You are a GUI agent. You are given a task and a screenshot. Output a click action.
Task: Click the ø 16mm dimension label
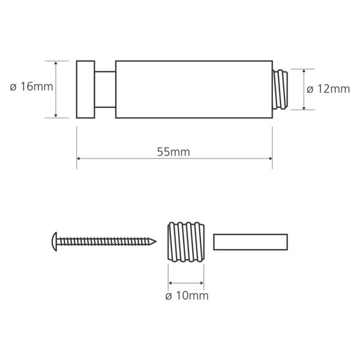point(31,87)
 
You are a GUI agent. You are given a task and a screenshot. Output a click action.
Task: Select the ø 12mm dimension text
point(328,89)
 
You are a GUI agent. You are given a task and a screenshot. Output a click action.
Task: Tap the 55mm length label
point(173,152)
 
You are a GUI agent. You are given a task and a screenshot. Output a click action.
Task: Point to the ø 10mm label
point(187,296)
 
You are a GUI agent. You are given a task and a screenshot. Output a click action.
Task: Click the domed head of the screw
point(55,242)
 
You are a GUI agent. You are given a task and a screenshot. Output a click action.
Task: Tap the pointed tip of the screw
point(156,242)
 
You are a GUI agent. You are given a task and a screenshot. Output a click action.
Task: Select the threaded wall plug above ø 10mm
point(186,242)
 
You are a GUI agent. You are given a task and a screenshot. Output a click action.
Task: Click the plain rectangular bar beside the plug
point(250,242)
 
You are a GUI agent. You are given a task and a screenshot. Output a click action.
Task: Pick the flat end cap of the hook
point(85,89)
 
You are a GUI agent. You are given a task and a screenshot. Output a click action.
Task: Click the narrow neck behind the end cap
point(105,89)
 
